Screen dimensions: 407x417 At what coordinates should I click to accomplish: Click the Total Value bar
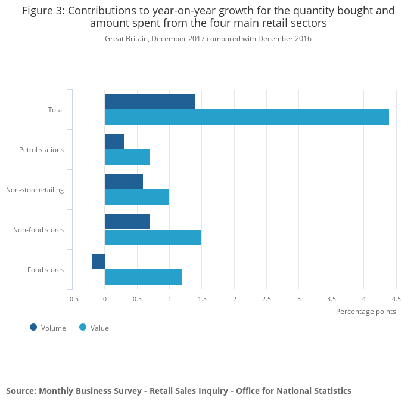[247, 118]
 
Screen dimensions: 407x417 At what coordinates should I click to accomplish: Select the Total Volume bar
[150, 101]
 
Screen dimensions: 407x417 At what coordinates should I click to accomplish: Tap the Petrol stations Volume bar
[114, 141]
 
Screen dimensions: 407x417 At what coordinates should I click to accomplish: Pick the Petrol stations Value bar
[127, 158]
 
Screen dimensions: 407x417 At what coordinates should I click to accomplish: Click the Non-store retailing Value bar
[137, 198]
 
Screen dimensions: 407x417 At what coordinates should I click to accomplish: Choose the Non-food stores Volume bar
[127, 221]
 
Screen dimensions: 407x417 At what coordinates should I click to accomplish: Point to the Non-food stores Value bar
[153, 238]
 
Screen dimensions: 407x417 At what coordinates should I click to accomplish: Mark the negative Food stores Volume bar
[98, 261]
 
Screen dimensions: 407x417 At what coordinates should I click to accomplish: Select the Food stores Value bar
[144, 277]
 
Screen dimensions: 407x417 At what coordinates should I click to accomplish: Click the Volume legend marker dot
[33, 327]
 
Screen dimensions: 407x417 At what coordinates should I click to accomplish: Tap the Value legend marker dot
[83, 327]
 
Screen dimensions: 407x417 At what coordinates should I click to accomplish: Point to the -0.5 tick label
[73, 299]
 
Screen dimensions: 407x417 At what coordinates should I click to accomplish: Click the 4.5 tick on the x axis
[396, 299]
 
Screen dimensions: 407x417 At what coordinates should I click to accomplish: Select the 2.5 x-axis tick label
[266, 299]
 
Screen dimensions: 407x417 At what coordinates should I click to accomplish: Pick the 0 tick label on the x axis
[105, 299]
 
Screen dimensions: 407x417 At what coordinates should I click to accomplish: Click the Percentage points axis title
[366, 311]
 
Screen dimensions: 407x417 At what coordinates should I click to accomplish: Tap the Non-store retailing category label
[35, 190]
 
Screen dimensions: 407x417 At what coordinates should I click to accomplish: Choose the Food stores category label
[45, 270]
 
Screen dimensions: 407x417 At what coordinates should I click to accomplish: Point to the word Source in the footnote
[20, 391]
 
